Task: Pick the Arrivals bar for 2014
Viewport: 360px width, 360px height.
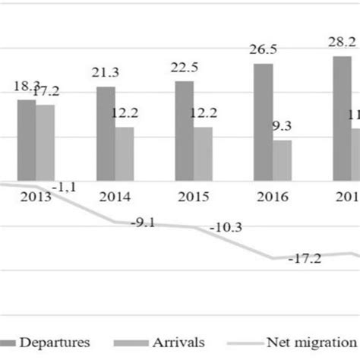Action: point(124,154)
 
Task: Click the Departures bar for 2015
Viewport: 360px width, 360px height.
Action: point(184,131)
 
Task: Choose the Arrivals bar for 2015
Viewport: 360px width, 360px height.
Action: point(203,154)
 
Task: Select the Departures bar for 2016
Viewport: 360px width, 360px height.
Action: point(263,122)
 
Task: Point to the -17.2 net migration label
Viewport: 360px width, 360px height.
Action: point(305,259)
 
